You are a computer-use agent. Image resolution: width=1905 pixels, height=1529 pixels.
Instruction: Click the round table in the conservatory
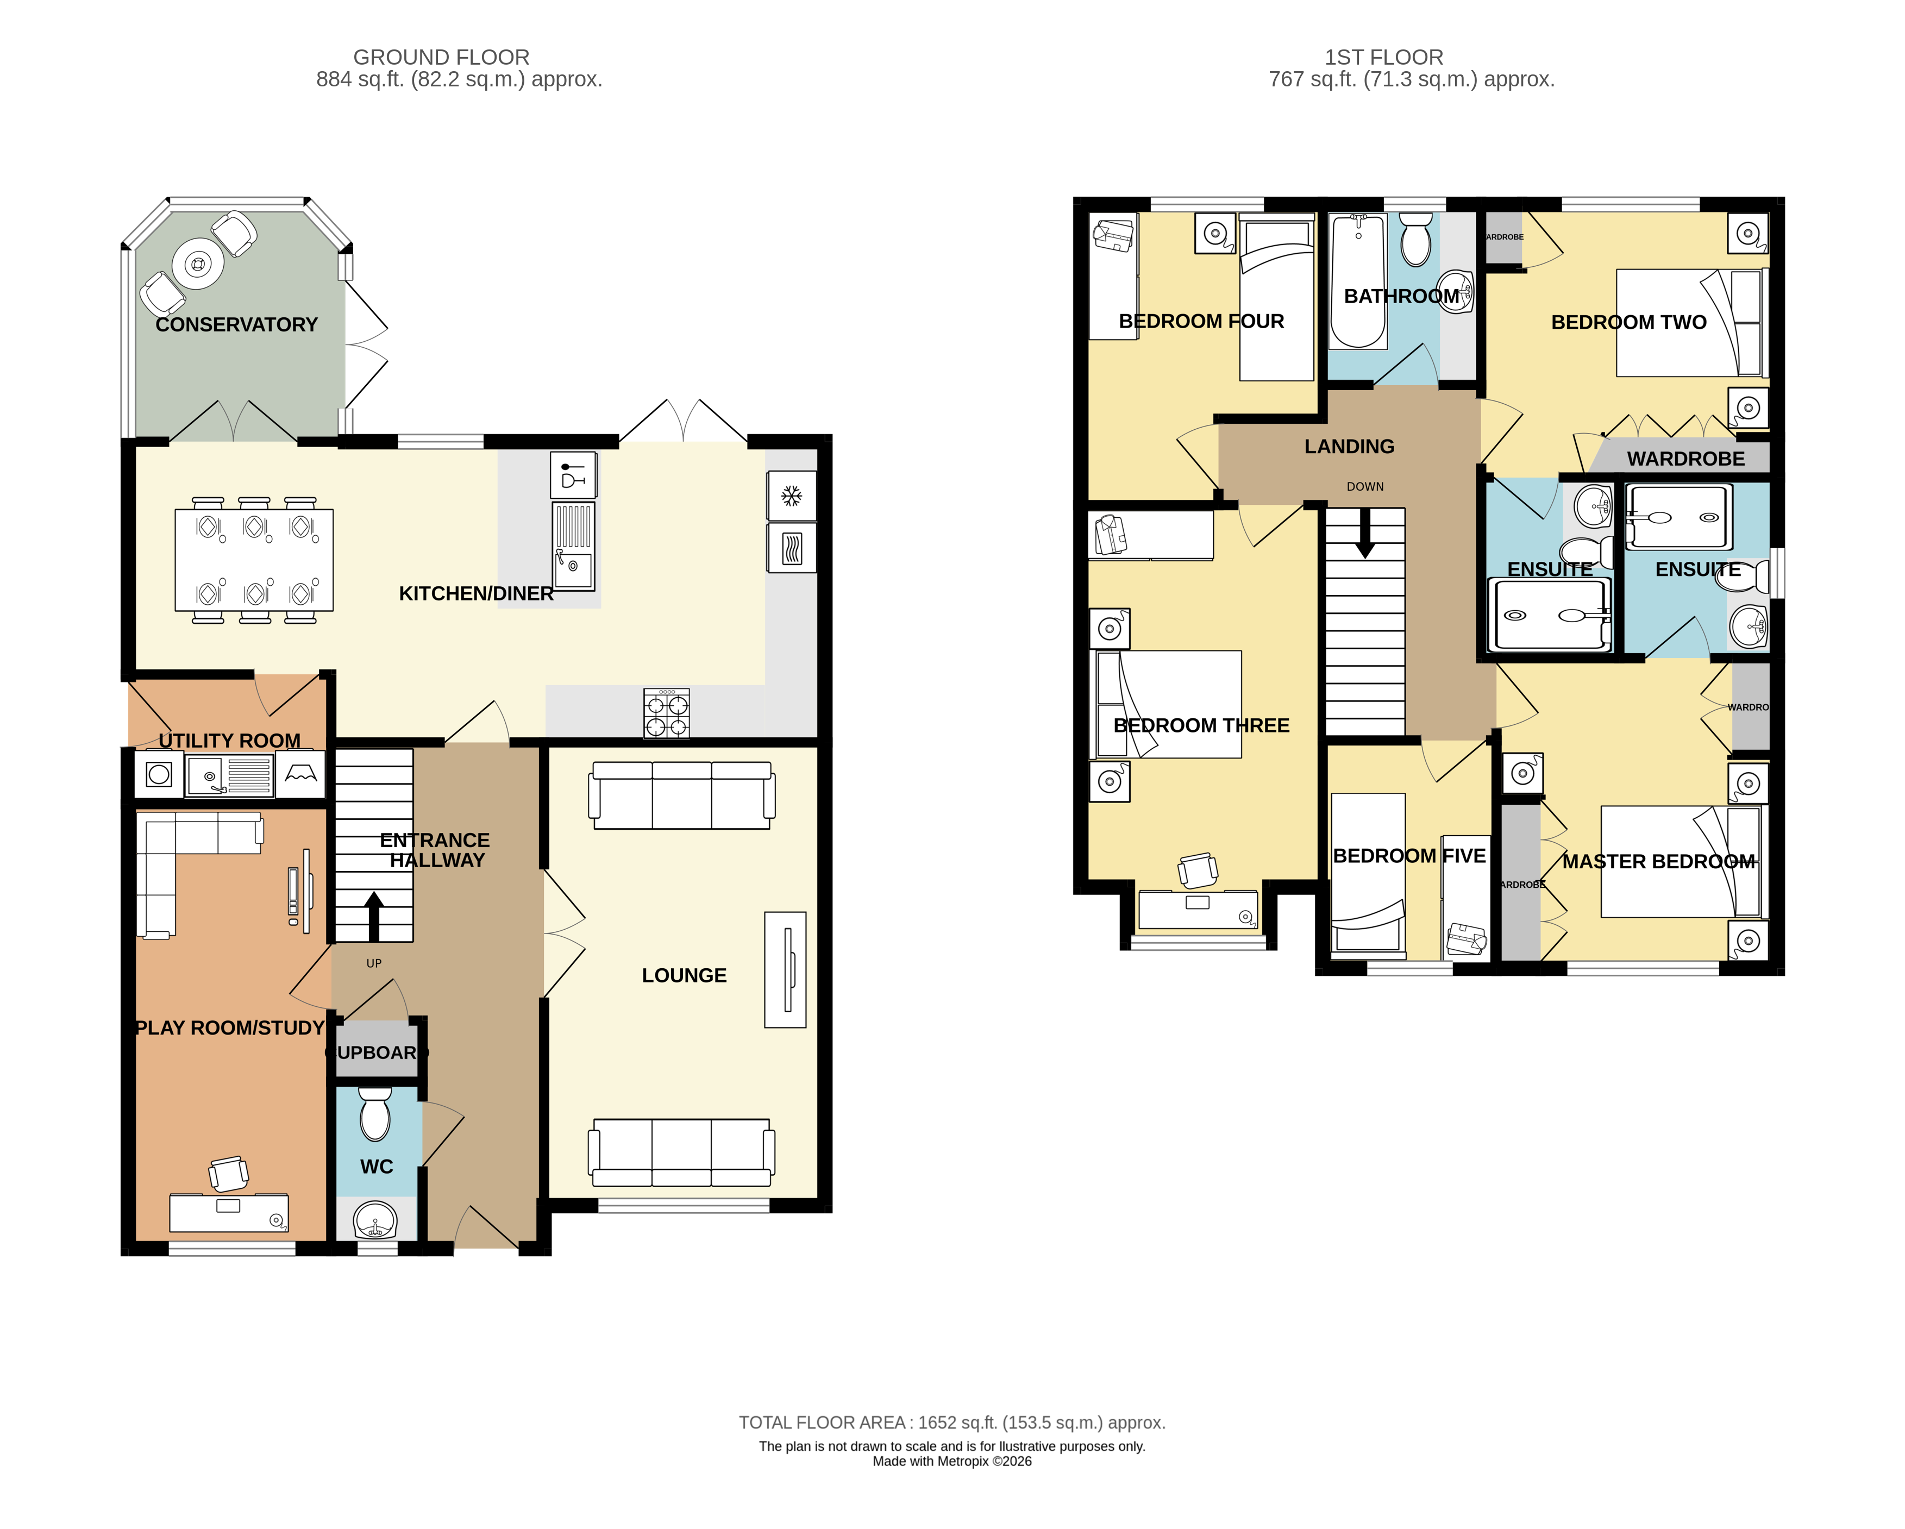click(x=198, y=264)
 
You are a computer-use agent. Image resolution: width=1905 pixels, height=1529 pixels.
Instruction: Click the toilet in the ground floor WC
click(x=375, y=1116)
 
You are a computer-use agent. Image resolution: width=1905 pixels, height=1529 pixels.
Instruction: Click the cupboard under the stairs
click(x=377, y=1052)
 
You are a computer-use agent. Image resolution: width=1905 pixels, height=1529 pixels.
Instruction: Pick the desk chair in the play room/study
click(x=229, y=1174)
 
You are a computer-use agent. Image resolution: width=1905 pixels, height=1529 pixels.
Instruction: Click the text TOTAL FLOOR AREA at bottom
click(x=822, y=1422)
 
